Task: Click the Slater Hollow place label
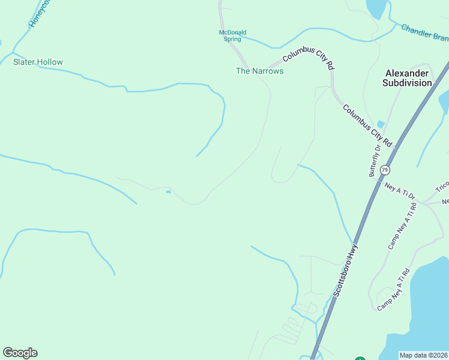click(x=38, y=62)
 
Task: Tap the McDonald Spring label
click(x=232, y=36)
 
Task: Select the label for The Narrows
click(x=259, y=71)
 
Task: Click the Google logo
click(x=20, y=353)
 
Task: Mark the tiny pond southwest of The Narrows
click(x=168, y=192)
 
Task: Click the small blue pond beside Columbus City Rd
click(x=381, y=124)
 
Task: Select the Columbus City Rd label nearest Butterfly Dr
click(x=367, y=126)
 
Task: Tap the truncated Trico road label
click(x=442, y=187)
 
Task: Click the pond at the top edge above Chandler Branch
click(x=376, y=8)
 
